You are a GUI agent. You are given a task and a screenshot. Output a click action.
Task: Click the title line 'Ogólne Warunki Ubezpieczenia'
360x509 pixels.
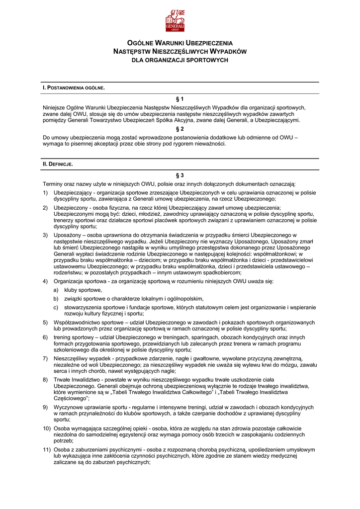coord(180,43)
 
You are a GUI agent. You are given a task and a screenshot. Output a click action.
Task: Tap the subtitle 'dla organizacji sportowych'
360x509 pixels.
coord(180,60)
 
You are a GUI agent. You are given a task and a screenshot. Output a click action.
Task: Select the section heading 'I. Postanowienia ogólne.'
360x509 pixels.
coord(74,88)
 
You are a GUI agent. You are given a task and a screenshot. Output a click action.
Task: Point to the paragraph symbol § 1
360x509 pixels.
coord(180,98)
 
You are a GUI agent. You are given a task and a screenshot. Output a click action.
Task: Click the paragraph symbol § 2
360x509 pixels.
coord(180,129)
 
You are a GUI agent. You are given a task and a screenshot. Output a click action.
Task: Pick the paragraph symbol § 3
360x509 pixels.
coord(180,175)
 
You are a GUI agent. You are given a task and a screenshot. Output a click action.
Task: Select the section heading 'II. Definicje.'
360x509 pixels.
coord(58,164)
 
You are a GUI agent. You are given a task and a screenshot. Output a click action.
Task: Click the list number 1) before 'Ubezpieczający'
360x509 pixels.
coord(45,192)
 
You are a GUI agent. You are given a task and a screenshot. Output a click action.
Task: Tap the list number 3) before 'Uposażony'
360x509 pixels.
coord(45,235)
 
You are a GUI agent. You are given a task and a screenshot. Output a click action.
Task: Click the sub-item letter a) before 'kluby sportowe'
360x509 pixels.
coord(56,290)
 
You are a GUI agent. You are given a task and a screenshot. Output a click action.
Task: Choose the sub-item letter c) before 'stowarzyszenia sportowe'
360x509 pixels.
coord(56,307)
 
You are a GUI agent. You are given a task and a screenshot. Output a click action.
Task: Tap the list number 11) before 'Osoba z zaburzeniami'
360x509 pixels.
coord(47,449)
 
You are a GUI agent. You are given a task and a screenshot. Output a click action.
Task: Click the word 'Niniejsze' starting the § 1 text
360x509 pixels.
coord(55,107)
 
